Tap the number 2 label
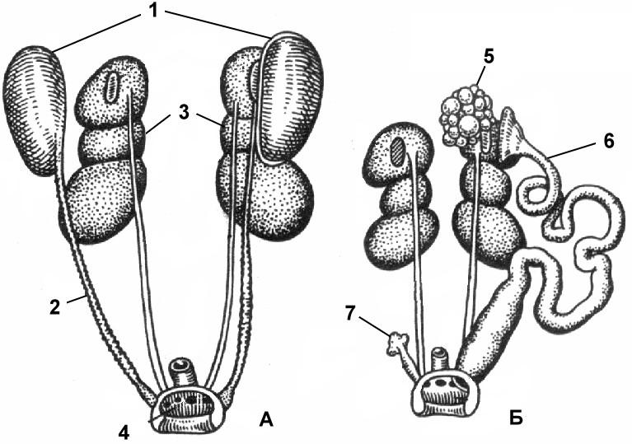tap(55, 307)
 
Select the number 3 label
tap(184, 113)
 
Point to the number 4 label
tap(124, 432)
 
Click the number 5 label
tap(488, 57)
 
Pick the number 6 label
tap(608, 142)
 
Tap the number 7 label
tap(351, 313)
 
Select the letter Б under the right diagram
tap(517, 418)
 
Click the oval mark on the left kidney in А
tap(110, 87)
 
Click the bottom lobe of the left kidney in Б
tap(400, 240)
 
